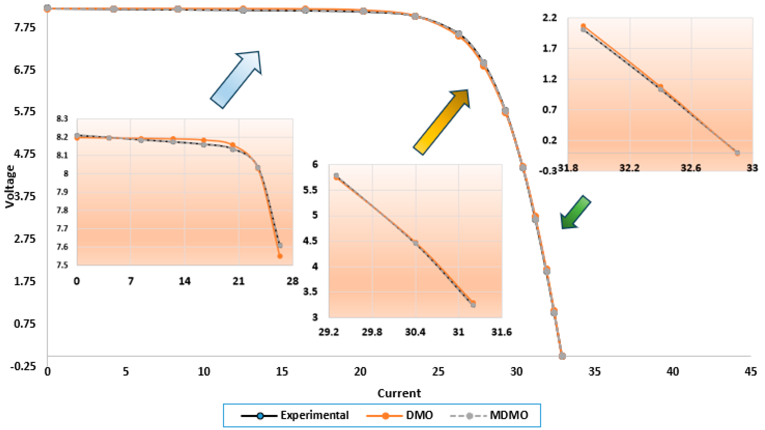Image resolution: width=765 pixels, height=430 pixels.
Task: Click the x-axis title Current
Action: [399, 393]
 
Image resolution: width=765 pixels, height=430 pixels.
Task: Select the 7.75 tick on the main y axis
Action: [25, 28]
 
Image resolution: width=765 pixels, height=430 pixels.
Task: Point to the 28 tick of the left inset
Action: [292, 281]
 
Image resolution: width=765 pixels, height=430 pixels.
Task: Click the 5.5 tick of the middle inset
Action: [310, 190]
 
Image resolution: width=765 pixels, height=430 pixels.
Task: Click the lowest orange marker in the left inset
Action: [280, 256]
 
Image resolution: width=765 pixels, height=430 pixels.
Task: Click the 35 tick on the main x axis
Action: [594, 371]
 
